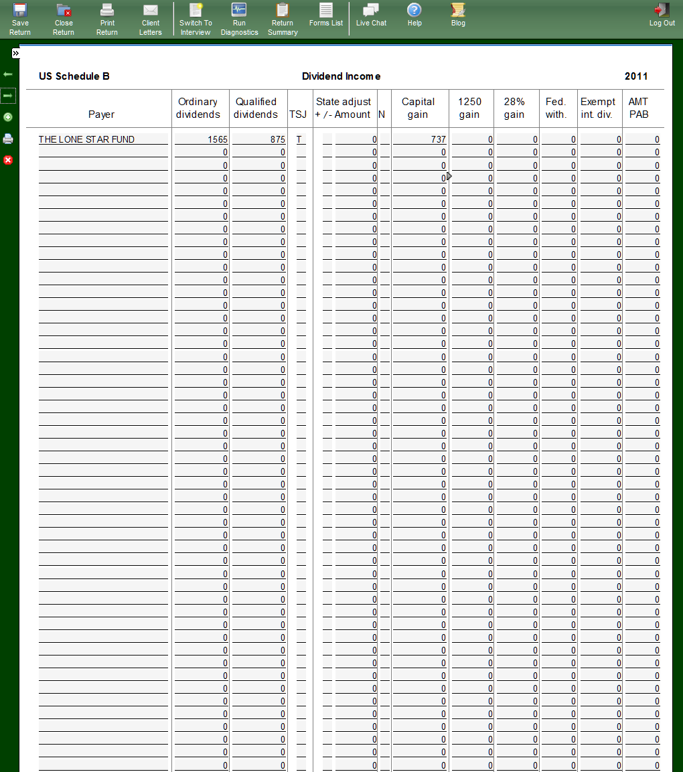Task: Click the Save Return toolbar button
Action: (20, 19)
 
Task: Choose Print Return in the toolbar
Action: (107, 19)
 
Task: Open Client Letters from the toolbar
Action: (151, 19)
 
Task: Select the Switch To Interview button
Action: (196, 19)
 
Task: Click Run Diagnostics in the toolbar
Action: (239, 19)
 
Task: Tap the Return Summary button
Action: (283, 19)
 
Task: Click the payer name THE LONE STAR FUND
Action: (86, 139)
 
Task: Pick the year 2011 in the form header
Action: (635, 76)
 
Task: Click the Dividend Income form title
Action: (341, 76)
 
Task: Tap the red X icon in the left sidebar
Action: (8, 160)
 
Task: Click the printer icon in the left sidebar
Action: (8, 139)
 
